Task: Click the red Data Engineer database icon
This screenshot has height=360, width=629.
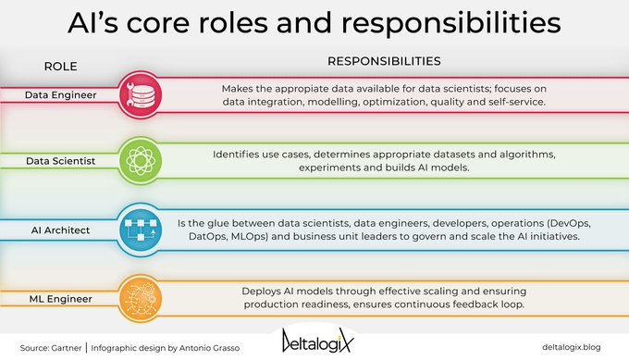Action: click(x=141, y=93)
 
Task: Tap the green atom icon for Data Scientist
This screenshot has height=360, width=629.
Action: click(x=141, y=159)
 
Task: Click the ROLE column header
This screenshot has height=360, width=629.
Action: click(x=60, y=67)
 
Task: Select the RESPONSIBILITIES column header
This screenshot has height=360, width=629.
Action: click(x=384, y=62)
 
